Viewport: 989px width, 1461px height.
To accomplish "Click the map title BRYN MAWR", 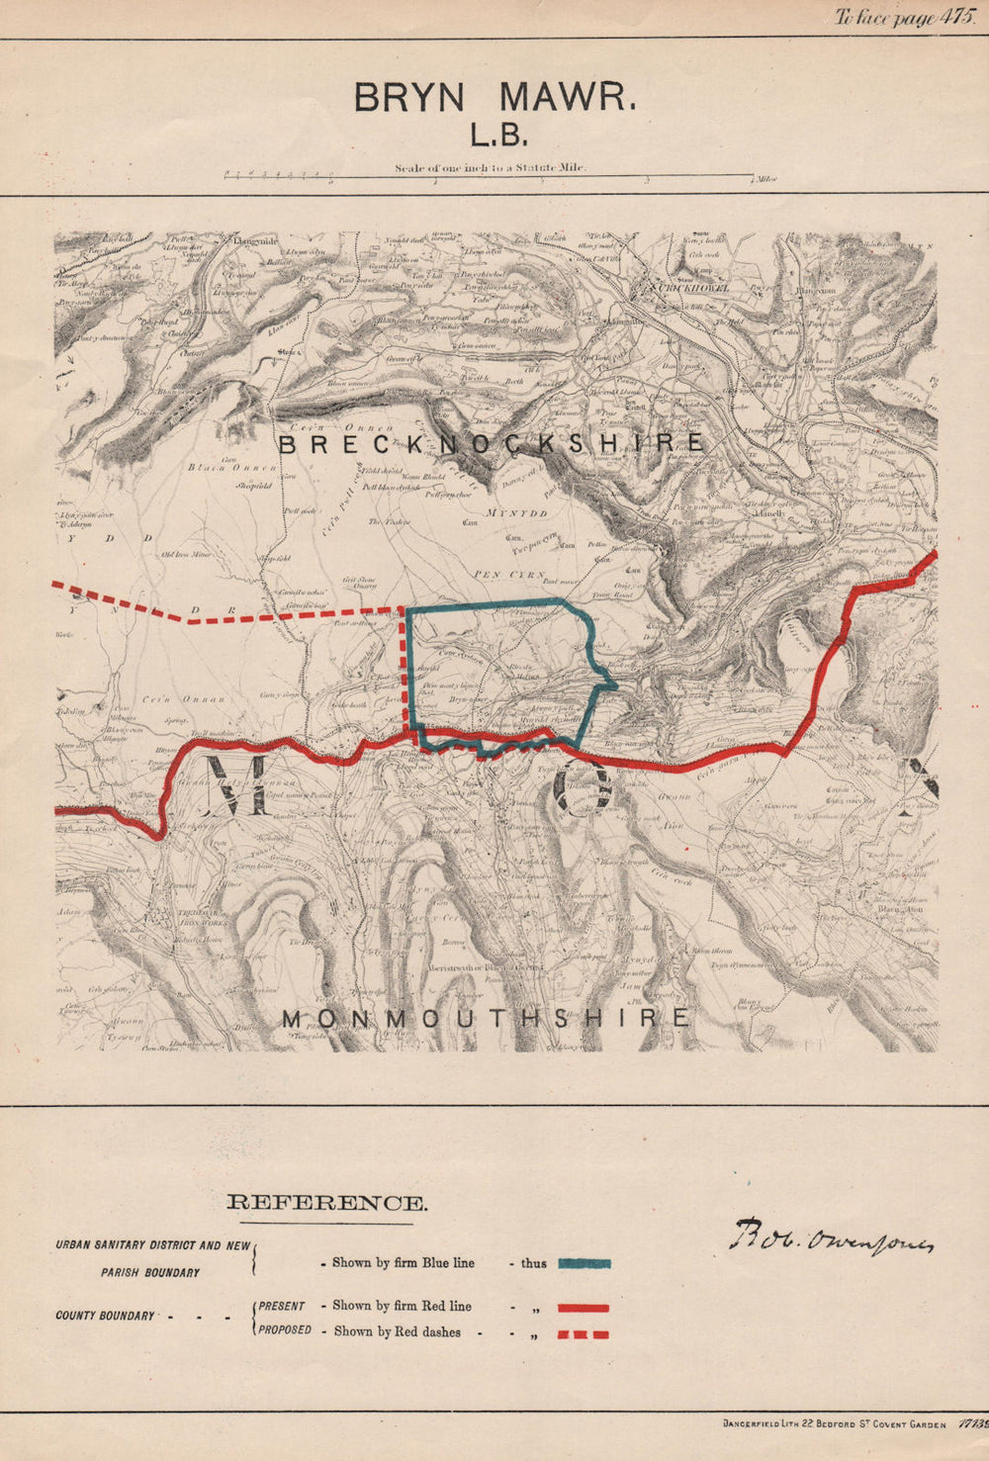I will coord(494,99).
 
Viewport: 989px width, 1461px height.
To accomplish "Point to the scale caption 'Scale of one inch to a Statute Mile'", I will coord(491,168).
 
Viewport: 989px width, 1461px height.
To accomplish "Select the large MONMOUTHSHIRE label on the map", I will coord(485,1018).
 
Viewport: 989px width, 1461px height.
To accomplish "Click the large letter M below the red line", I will coord(237,784).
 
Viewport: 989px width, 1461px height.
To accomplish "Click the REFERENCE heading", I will coord(327,1204).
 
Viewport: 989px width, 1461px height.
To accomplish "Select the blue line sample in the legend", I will coord(584,1263).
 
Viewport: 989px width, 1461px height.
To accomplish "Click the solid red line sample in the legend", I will coord(584,1308).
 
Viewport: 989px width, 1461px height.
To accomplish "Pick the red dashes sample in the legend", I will coord(584,1334).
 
